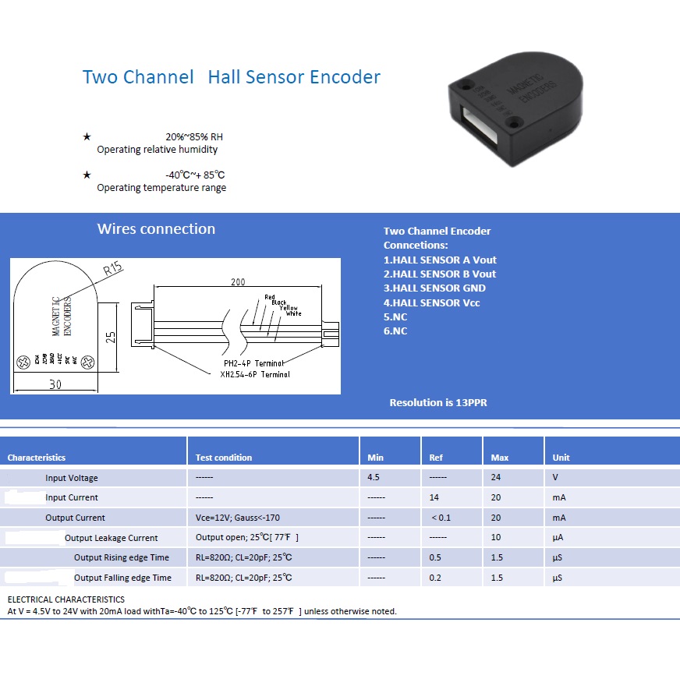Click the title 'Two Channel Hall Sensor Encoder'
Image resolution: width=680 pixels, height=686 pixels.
[232, 77]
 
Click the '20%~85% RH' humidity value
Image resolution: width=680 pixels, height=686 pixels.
[194, 136]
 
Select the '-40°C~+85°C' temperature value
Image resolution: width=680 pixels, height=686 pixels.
[195, 175]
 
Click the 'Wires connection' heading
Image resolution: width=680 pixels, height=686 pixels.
[156, 229]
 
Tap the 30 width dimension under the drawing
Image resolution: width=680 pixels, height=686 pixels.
[55, 384]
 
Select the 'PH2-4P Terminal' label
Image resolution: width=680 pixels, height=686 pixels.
[254, 364]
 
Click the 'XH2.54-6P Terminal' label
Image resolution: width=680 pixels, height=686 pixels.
[254, 374]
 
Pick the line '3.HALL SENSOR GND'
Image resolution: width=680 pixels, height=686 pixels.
[434, 288]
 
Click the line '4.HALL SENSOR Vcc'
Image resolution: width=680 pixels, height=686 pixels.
[431, 302]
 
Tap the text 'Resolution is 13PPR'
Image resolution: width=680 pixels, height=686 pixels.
[438, 403]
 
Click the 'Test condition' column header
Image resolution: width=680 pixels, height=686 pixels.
[224, 458]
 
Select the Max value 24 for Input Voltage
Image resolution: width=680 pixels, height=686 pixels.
[497, 477]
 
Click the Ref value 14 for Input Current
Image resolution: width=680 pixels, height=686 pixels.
[434, 497]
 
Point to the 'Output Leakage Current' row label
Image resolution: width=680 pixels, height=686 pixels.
[111, 538]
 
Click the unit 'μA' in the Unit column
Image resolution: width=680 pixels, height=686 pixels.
[558, 538]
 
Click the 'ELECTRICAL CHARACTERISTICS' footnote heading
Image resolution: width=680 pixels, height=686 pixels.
[66, 599]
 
